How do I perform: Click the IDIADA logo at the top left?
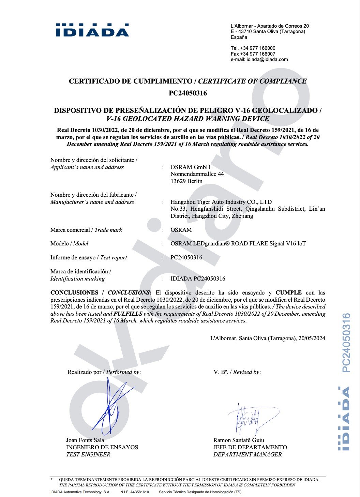point(92,30)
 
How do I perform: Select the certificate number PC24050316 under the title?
point(188,93)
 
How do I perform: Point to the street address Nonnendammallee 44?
point(197,174)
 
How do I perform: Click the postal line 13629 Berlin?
point(186,181)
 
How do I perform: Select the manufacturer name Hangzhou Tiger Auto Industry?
point(221,202)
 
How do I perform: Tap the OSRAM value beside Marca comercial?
point(181,230)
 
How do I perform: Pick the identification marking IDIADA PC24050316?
point(198,278)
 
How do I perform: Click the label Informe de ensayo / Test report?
point(89,257)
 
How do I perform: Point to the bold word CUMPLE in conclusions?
point(288,292)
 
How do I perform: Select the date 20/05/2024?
point(312,338)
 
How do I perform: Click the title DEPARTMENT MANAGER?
point(247,454)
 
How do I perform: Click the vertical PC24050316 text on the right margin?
point(346,343)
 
